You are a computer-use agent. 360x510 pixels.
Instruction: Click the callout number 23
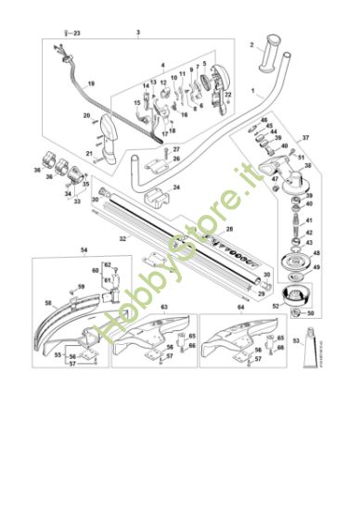77,33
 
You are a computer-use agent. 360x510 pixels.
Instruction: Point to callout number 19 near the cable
91,83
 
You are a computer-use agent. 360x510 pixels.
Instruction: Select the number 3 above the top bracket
138,32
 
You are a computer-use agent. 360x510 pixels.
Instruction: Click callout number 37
305,137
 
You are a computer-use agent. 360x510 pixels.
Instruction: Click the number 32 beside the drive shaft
122,239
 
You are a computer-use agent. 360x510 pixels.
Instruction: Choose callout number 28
230,227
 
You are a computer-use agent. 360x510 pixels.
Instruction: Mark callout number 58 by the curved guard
48,302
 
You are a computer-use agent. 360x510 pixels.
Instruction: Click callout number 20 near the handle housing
85,117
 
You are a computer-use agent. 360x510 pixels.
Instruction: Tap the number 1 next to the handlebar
253,92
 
